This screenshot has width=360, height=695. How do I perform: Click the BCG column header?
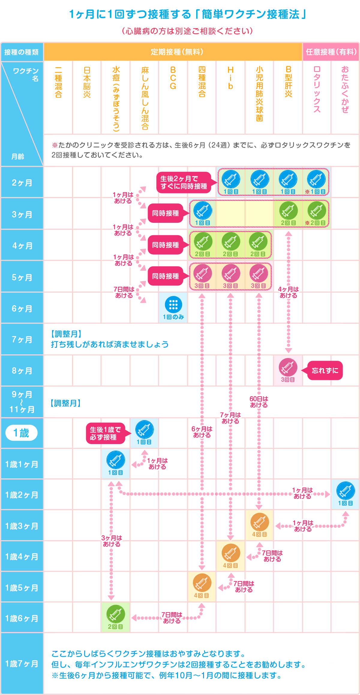173,78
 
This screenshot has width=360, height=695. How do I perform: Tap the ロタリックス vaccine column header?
317,89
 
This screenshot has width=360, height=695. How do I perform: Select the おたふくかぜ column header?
345,89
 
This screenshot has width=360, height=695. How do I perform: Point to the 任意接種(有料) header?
331,52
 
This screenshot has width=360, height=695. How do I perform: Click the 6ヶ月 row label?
22,309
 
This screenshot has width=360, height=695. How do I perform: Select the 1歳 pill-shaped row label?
22,433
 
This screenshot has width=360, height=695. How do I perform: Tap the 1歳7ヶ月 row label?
22,664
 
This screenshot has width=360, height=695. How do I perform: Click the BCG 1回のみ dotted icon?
173,305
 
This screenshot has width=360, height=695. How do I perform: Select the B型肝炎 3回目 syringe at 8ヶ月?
288,367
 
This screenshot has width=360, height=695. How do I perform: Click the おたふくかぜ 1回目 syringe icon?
346,491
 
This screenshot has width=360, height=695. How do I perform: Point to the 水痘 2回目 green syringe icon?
116,614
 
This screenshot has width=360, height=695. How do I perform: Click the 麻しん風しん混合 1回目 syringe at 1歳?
144,429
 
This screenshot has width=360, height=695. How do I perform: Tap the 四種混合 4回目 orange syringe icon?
202,583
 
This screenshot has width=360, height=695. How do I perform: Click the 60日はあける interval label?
259,402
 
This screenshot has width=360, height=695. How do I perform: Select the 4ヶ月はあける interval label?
288,292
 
